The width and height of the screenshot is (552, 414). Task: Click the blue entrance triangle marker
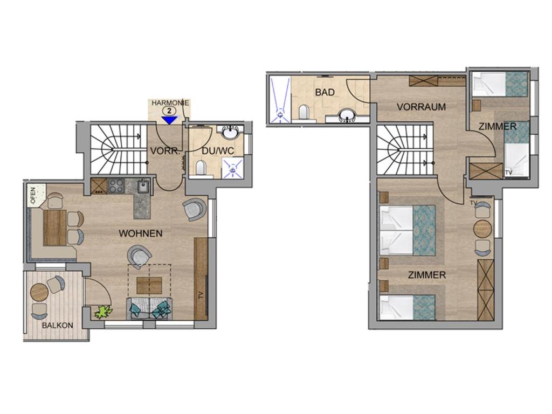click(170, 120)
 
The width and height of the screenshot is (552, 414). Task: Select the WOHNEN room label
click(141, 233)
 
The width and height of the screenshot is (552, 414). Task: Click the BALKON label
click(57, 325)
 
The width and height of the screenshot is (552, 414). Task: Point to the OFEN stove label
click(33, 196)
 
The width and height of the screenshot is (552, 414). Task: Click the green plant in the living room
click(104, 312)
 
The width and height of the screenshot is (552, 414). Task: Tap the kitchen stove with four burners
click(116, 186)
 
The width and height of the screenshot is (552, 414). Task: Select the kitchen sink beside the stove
click(143, 186)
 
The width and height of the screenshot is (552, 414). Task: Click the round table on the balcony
click(39, 292)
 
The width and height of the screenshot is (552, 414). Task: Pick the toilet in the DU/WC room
click(201, 167)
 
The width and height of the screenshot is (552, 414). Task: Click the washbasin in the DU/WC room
click(231, 133)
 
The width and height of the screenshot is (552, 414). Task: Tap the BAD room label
click(325, 93)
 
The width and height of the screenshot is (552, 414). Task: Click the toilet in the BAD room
click(303, 112)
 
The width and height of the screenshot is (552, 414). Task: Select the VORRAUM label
click(422, 107)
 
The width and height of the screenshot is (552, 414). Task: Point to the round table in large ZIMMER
click(482, 229)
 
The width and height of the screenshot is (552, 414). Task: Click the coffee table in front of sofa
click(149, 286)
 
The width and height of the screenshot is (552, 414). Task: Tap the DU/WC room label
click(218, 151)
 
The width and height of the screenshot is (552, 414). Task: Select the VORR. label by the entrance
click(165, 151)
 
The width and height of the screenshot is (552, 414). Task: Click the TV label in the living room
click(201, 296)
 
